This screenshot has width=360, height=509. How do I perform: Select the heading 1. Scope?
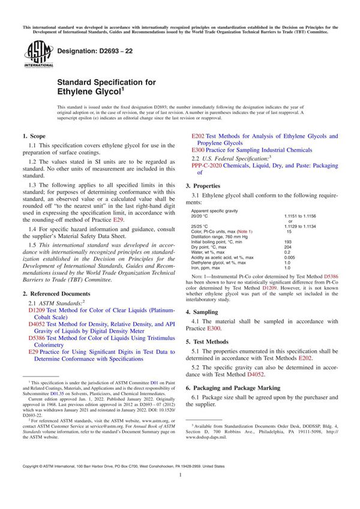click(x=37, y=137)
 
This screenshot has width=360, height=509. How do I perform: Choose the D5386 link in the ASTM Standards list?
click(x=37, y=338)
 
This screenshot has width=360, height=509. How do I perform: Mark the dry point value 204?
click(x=288, y=247)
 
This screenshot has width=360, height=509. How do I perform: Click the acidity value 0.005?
click(x=290, y=257)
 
